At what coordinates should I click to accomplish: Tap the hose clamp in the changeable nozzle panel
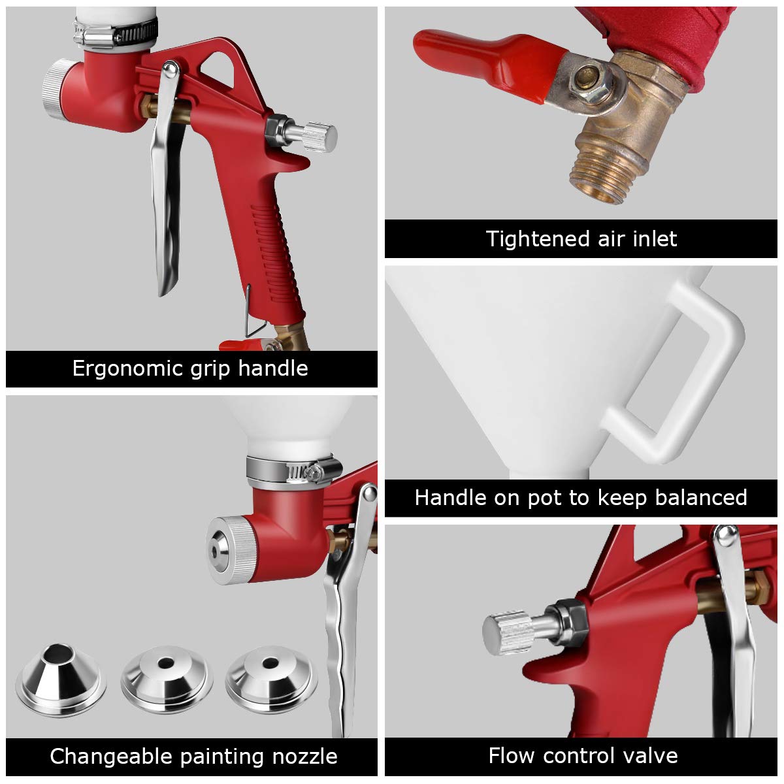pyautogui.click(x=294, y=469)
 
